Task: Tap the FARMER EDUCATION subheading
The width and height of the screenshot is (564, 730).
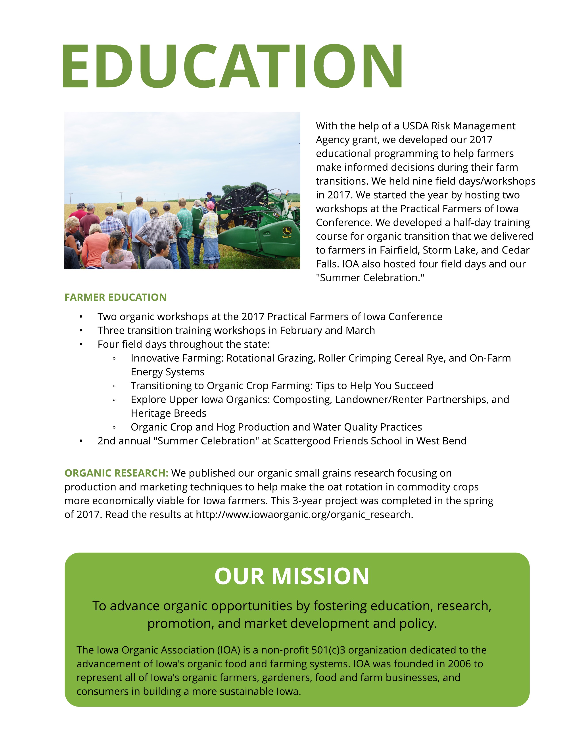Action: pyautogui.click(x=115, y=297)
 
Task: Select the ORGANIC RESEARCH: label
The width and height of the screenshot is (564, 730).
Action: pyautogui.click(x=116, y=473)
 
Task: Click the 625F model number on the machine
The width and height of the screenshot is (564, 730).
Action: pyautogui.click(x=286, y=237)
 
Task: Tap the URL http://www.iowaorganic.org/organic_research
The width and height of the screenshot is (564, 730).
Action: pyautogui.click(x=304, y=514)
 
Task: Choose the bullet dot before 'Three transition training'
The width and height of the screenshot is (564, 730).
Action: pyautogui.click(x=81, y=330)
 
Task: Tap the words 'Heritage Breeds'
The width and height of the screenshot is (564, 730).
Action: pyautogui.click(x=168, y=413)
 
